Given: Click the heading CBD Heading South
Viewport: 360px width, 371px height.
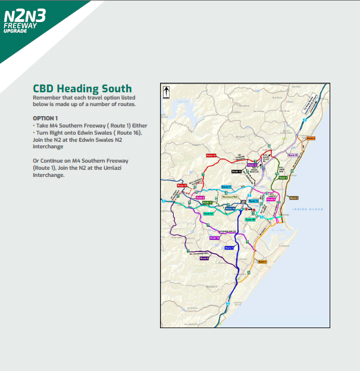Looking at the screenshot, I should [83, 89].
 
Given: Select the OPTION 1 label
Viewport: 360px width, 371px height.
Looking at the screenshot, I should [46, 118].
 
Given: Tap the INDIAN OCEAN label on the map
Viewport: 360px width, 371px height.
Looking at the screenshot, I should [301, 208].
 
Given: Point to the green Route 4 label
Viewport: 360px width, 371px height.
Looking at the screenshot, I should [283, 177].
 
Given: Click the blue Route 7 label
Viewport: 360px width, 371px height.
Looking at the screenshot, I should [229, 247].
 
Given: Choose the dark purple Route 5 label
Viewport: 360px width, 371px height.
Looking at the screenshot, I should [204, 258].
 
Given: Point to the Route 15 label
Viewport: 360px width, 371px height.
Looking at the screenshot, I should [293, 155].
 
